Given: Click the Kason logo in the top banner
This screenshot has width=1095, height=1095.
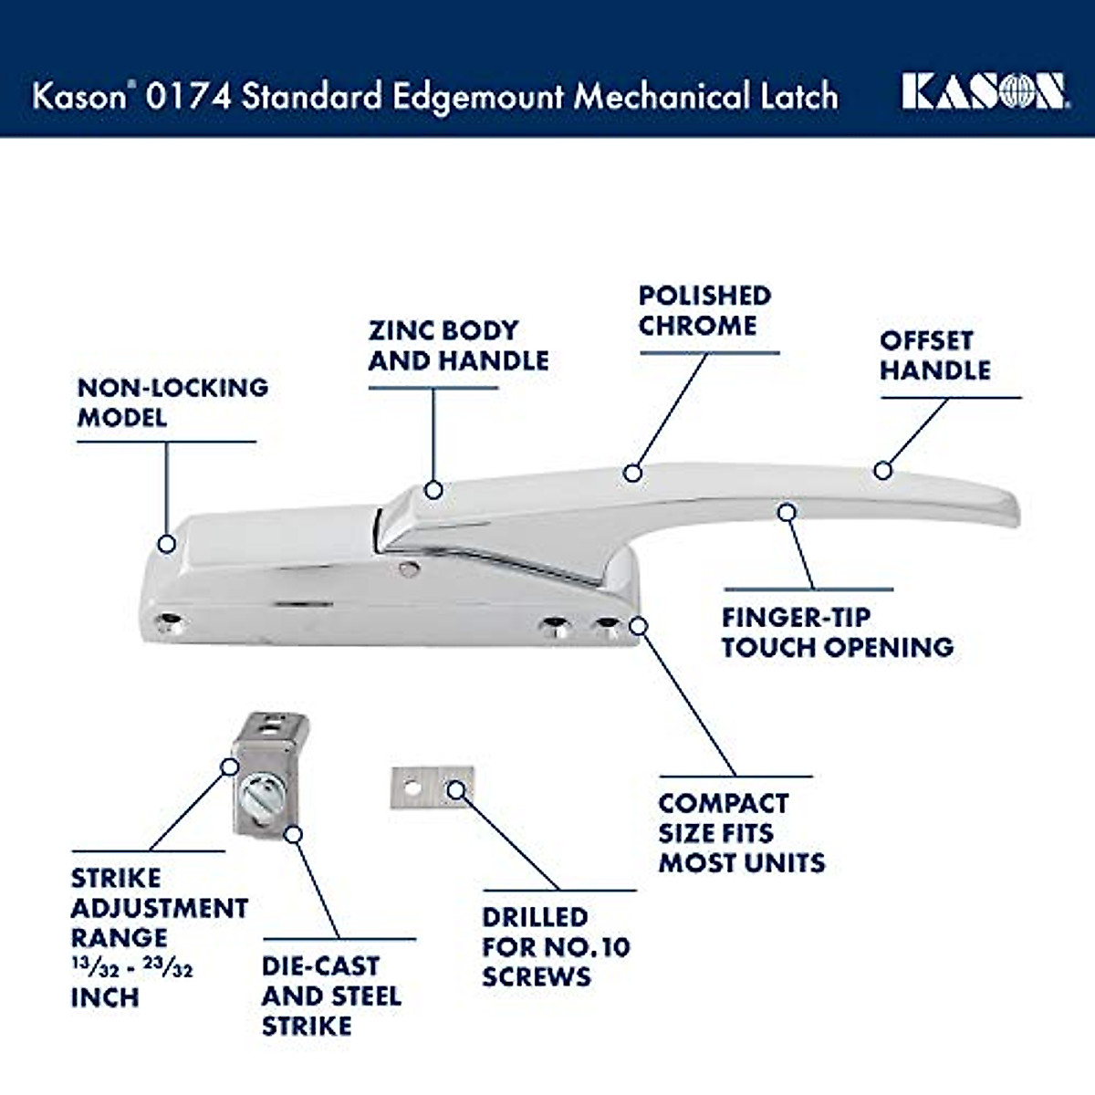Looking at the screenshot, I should pyautogui.click(x=984, y=92).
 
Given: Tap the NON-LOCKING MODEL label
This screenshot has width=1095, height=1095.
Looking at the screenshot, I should pyautogui.click(x=172, y=402).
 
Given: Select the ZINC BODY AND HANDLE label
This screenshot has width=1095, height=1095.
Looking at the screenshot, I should pyautogui.click(x=458, y=345).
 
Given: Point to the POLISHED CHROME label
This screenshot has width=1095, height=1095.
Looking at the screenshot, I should pyautogui.click(x=704, y=310).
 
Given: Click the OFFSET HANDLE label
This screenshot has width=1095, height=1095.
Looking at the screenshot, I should pyautogui.click(x=934, y=355).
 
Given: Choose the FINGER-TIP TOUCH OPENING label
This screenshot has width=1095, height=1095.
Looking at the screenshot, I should pyautogui.click(x=837, y=631).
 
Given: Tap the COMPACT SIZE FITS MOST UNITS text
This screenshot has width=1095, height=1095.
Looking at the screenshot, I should pyautogui.click(x=741, y=832).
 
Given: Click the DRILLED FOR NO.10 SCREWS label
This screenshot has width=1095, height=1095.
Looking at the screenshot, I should pyautogui.click(x=556, y=946).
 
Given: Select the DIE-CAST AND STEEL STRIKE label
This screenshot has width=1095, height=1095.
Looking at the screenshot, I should pyautogui.click(x=331, y=996).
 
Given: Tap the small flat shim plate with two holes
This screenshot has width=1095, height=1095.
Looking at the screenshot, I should pyautogui.click(x=433, y=787).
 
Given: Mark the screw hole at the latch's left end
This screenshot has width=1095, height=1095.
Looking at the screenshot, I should pyautogui.click(x=168, y=624).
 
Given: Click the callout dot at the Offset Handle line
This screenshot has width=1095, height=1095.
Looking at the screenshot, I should pyautogui.click(x=881, y=471).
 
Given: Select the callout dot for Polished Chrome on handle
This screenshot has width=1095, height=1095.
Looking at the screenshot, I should pyautogui.click(x=632, y=473).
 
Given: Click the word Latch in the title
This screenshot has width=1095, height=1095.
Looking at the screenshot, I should pyautogui.click(x=798, y=96).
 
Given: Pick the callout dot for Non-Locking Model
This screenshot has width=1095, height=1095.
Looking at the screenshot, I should pyautogui.click(x=166, y=544).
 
